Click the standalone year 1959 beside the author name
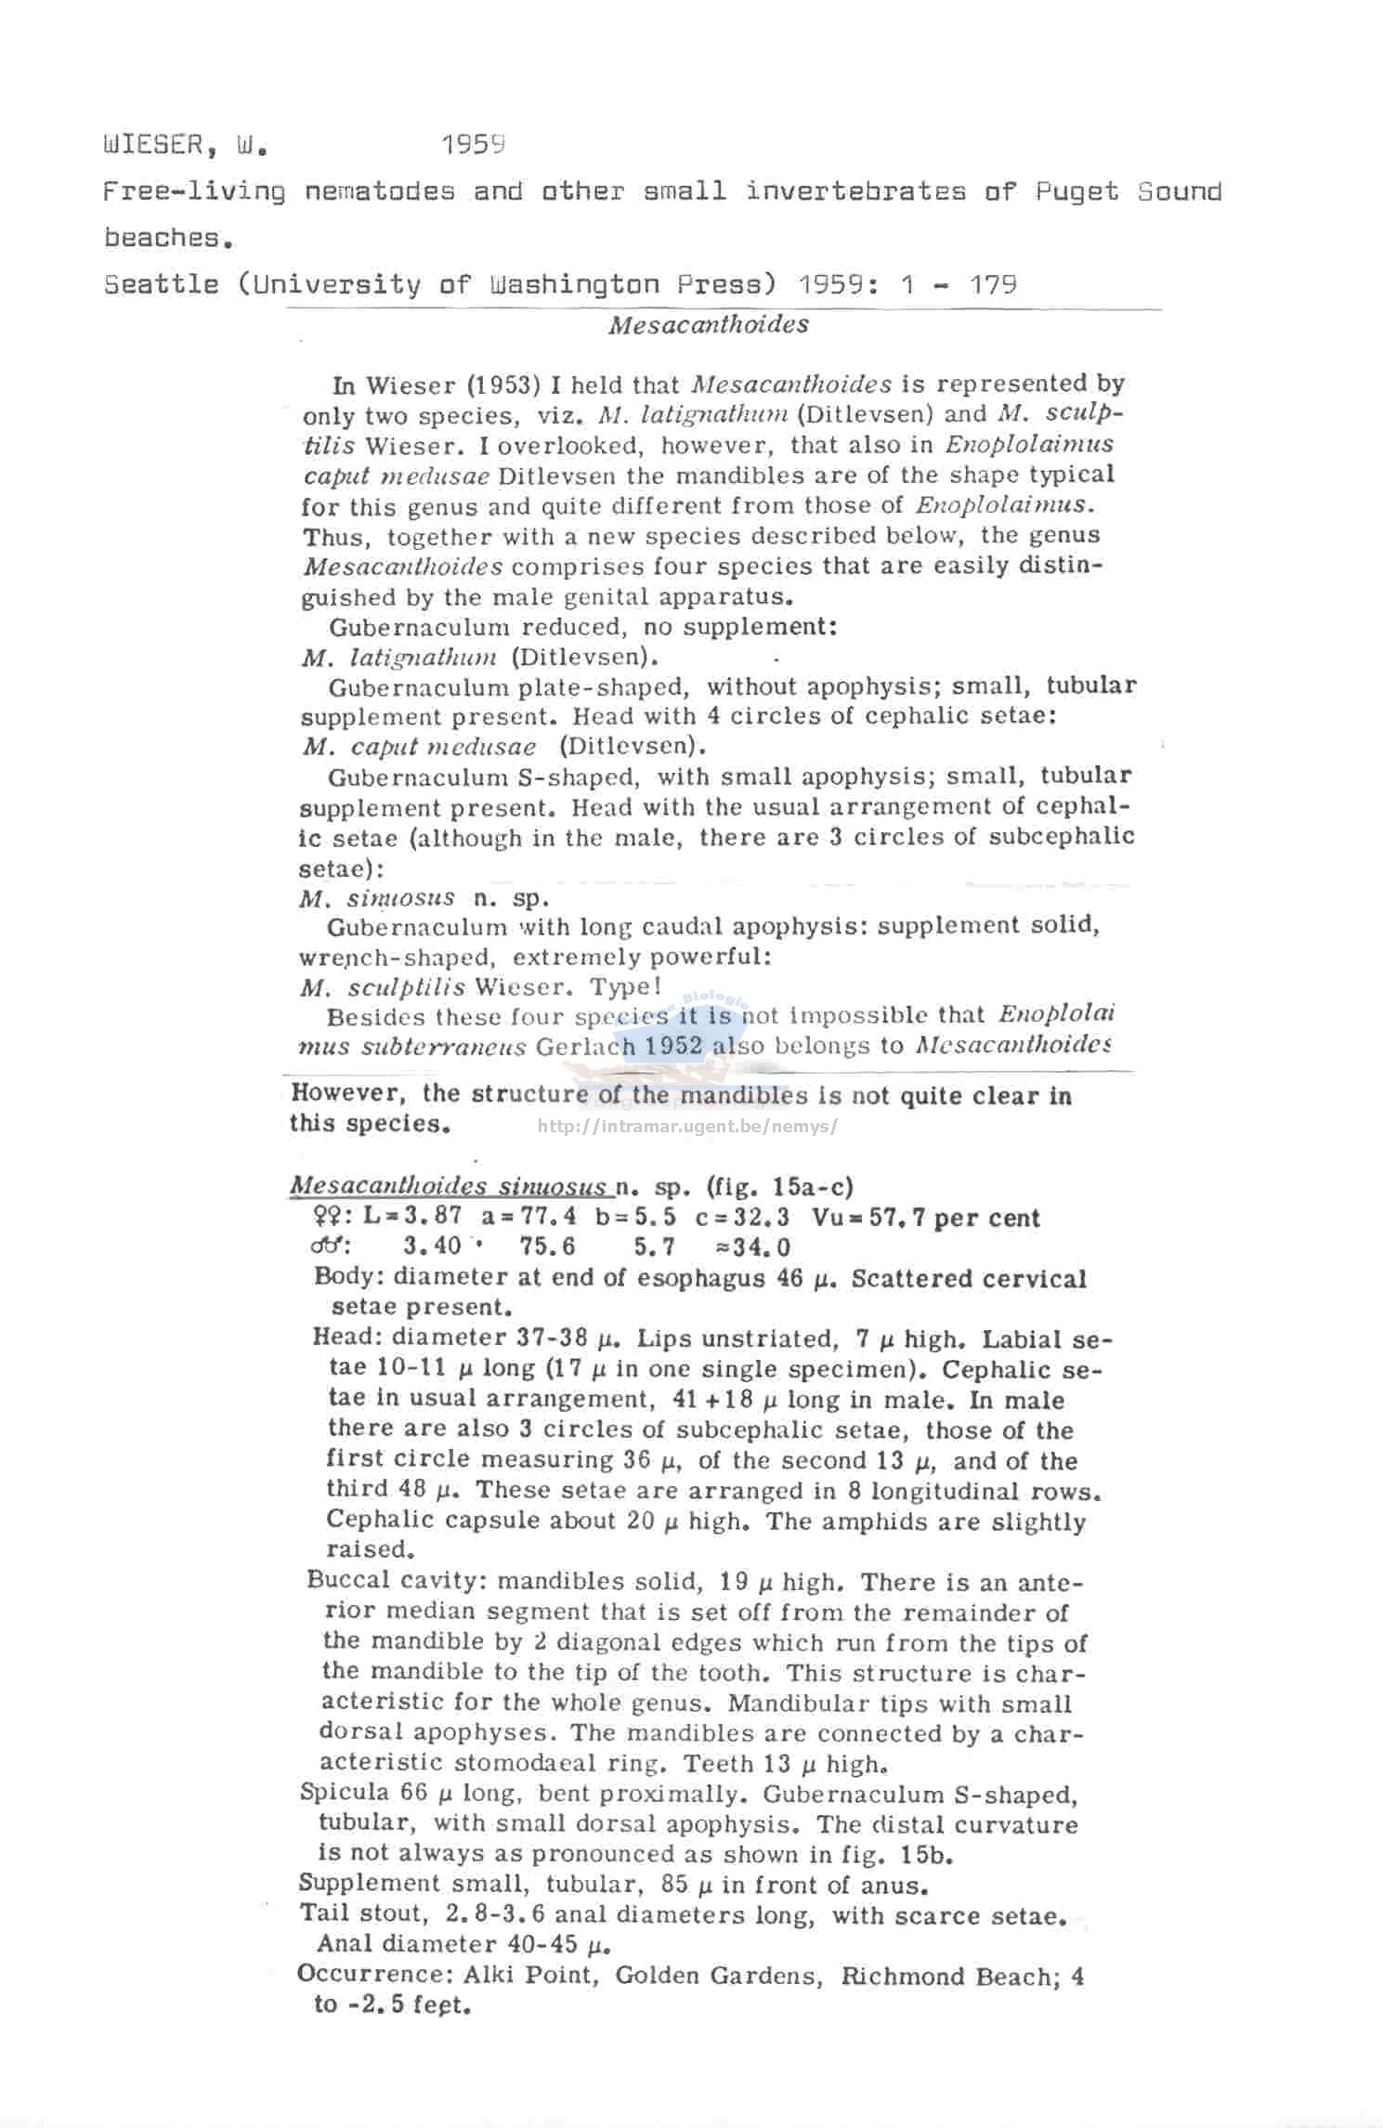tap(473, 145)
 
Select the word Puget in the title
tap(1076, 192)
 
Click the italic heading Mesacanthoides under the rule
tap(708, 325)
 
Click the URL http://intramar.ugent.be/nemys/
tap(688, 1128)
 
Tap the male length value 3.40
tap(433, 1247)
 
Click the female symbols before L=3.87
tap(331, 1218)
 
